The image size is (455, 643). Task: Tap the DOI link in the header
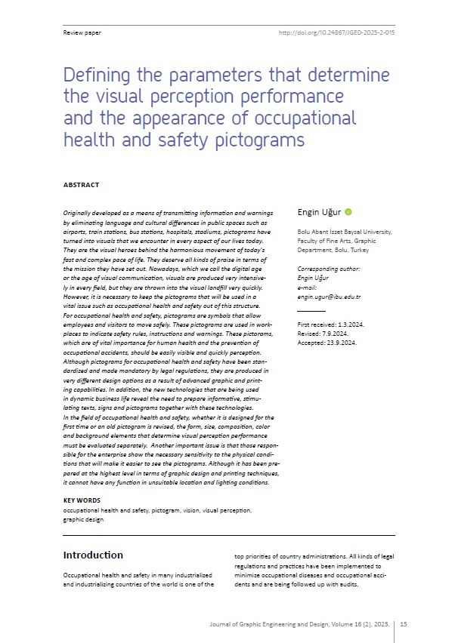pyautogui.click(x=336, y=33)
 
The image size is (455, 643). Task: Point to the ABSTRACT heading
pyautogui.click(x=81, y=185)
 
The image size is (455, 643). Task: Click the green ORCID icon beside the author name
pyautogui.click(x=348, y=213)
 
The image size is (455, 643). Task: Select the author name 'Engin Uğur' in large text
pyautogui.click(x=320, y=213)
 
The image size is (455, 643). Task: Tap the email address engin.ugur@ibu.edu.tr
pyautogui.click(x=329, y=297)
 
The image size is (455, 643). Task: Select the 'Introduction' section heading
pyautogui.click(x=93, y=555)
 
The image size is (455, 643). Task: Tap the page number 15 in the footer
pyautogui.click(x=404, y=624)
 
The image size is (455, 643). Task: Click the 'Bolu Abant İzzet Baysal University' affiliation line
pyautogui.click(x=344, y=233)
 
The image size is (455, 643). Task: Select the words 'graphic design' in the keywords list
pyautogui.click(x=84, y=519)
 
